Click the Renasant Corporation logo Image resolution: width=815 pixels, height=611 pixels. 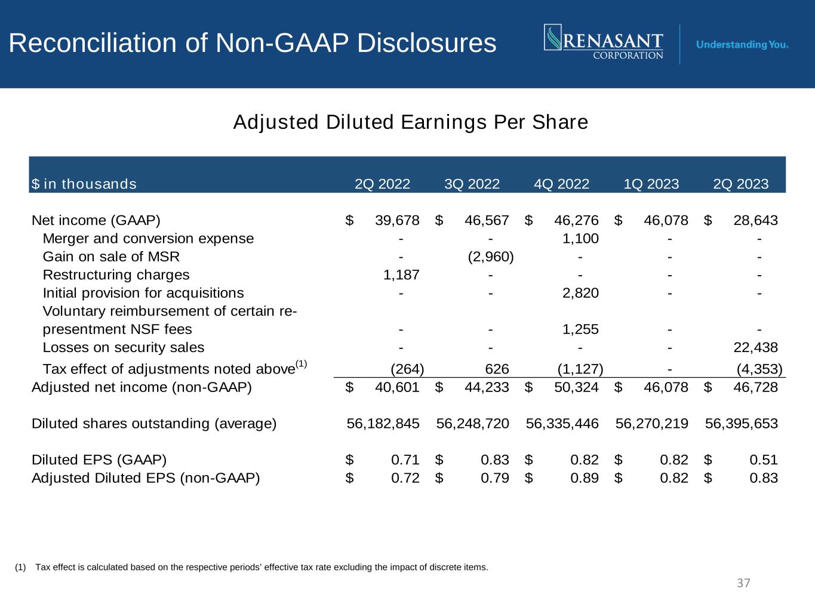pyautogui.click(x=604, y=42)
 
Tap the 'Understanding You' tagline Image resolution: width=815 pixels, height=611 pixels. pyautogui.click(x=742, y=45)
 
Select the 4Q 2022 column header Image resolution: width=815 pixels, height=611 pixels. pyautogui.click(x=561, y=184)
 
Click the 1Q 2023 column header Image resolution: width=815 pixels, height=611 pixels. pyautogui.click(x=651, y=184)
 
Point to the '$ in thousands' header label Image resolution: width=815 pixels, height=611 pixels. pyautogui.click(x=84, y=184)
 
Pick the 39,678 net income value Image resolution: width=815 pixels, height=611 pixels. pyautogui.click(x=397, y=220)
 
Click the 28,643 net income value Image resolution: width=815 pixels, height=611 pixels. pyautogui.click(x=756, y=220)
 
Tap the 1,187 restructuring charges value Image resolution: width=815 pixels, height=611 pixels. pyautogui.click(x=401, y=275)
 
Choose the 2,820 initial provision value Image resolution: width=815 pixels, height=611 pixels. pyautogui.click(x=580, y=293)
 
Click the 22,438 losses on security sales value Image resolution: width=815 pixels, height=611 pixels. pyautogui.click(x=756, y=348)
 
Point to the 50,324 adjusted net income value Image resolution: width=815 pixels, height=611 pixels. pyautogui.click(x=576, y=387)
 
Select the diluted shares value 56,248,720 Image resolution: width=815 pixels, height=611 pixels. pyautogui.click(x=472, y=424)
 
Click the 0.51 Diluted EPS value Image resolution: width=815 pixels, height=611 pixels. pyautogui.click(x=764, y=460)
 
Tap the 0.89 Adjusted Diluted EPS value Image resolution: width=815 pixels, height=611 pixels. pyautogui.click(x=585, y=478)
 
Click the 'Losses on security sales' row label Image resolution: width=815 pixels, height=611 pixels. pyautogui.click(x=124, y=348)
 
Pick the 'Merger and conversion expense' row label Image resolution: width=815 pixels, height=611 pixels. pyautogui.click(x=148, y=239)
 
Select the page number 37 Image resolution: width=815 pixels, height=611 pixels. pyautogui.click(x=743, y=583)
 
